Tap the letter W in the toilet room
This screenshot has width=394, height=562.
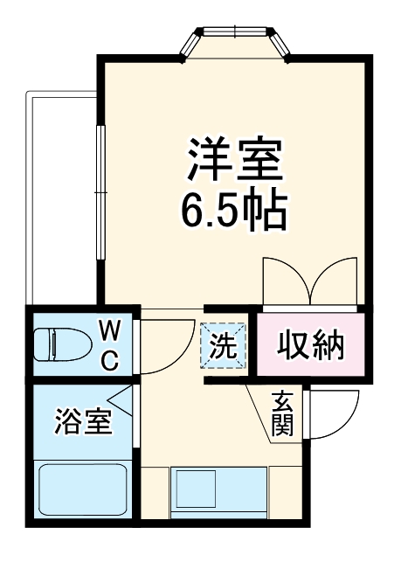(x=109, y=330)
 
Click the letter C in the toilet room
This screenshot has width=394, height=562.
(x=110, y=359)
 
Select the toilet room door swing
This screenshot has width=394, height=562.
(x=166, y=345)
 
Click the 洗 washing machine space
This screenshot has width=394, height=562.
(x=223, y=346)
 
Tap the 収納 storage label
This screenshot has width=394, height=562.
(x=311, y=347)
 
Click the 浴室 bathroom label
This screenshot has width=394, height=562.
(x=83, y=422)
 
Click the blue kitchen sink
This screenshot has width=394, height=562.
(x=219, y=492)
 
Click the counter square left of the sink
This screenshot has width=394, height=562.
(x=155, y=492)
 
